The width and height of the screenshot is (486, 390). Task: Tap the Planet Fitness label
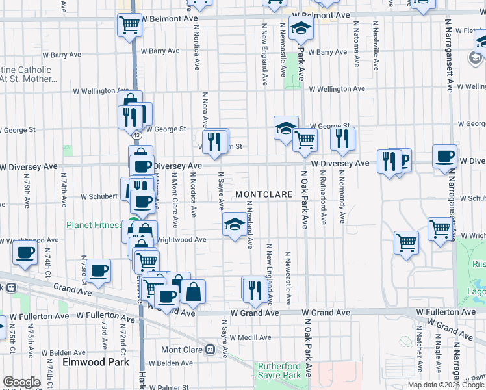[x=94, y=226]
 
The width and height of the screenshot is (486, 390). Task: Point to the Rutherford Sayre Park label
[x=279, y=370]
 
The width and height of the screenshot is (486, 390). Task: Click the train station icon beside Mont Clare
[x=210, y=350]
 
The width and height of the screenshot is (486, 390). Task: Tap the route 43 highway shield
[x=136, y=135]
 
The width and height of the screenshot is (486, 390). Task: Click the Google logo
[x=21, y=382]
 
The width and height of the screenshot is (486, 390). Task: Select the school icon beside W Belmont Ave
[x=301, y=28]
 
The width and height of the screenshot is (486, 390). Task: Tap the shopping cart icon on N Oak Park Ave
[x=305, y=138]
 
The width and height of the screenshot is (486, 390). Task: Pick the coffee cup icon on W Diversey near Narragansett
[x=445, y=156]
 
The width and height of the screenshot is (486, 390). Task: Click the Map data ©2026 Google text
[x=445, y=385]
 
